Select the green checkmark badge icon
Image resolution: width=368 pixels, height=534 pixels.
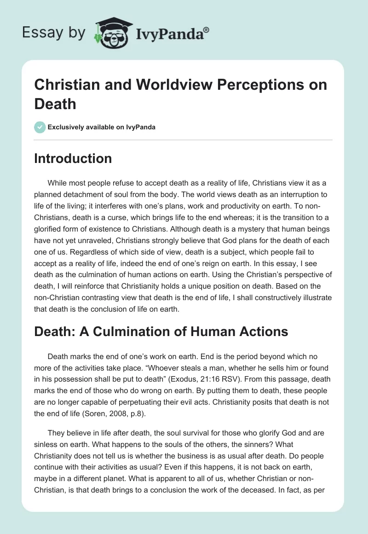tap(40, 127)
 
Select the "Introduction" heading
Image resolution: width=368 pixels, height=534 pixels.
tap(73, 158)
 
